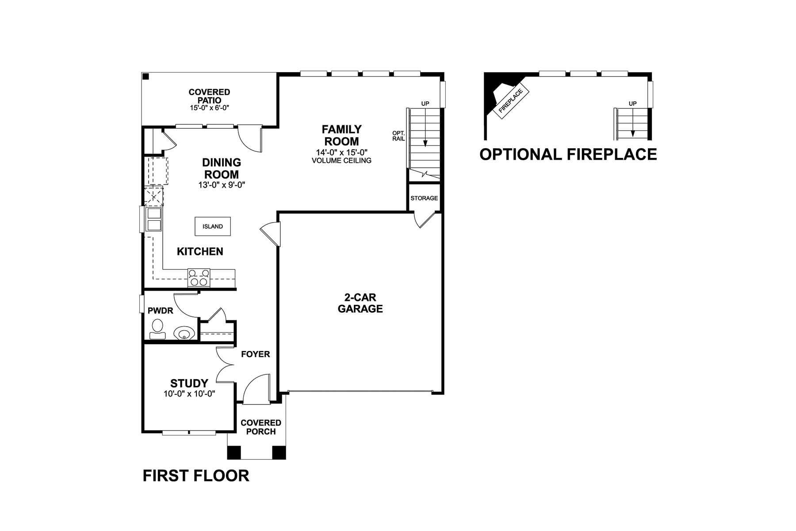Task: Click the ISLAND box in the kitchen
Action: coord(213,226)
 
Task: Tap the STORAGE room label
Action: coord(424,198)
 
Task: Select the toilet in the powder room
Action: coord(157,329)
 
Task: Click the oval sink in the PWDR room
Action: coord(184,333)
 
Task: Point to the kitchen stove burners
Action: coord(199,277)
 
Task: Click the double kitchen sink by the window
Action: coord(154,219)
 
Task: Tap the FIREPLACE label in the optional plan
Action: coord(510,101)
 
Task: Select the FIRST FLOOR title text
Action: coord(196,476)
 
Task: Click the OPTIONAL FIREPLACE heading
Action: coord(568,154)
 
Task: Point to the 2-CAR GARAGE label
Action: coord(360,303)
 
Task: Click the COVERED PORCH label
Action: coord(261,427)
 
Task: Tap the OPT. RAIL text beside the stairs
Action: coord(398,136)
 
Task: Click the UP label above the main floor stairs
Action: coord(425,104)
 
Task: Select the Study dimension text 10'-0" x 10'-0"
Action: coord(189,394)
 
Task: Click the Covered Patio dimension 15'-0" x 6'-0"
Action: coord(209,108)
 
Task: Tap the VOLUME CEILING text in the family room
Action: coord(341,160)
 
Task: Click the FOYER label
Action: coord(255,354)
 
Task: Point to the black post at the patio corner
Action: coord(145,76)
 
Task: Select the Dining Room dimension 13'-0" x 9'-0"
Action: coord(222,185)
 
